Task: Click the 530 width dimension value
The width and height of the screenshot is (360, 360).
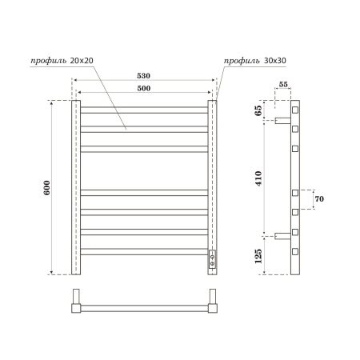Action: (x=144, y=75)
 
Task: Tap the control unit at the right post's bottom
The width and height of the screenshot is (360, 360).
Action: (x=213, y=258)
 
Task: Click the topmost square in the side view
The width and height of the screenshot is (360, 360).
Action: (x=295, y=108)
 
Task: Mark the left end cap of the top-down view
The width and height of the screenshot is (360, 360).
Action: (x=76, y=307)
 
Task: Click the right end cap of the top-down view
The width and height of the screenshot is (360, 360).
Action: (x=213, y=307)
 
